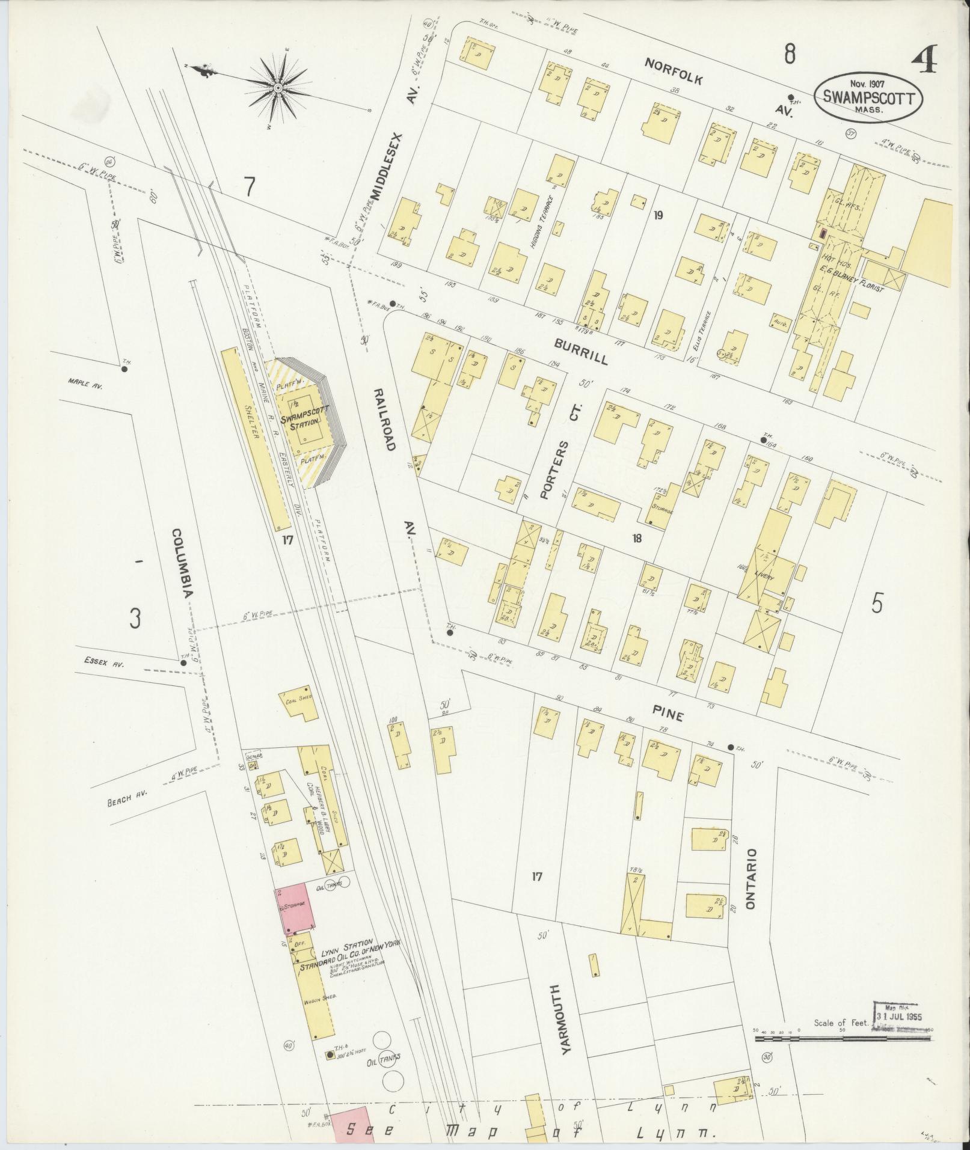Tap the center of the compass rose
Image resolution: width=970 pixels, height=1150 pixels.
tap(278, 88)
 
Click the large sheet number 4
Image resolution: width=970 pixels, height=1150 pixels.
tap(925, 60)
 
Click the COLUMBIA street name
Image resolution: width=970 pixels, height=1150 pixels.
tap(181, 563)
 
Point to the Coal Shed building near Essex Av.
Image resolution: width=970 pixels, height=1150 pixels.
tap(298, 700)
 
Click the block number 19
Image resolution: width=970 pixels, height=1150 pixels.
tap(658, 215)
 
